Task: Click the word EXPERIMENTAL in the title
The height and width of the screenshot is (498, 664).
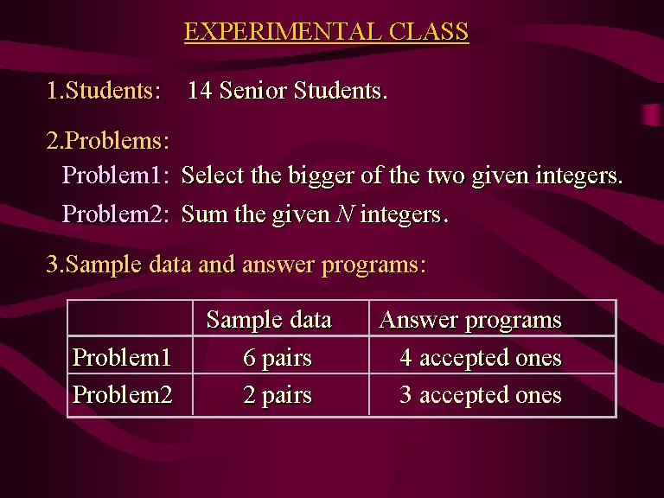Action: click(283, 31)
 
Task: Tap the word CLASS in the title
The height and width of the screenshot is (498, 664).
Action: click(429, 31)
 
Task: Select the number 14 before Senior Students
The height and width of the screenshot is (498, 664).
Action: click(200, 90)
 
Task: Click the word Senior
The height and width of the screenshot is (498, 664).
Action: click(252, 90)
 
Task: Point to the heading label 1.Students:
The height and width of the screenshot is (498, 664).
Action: click(104, 90)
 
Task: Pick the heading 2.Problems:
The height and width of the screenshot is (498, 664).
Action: click(107, 140)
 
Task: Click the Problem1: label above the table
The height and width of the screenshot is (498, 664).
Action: click(116, 175)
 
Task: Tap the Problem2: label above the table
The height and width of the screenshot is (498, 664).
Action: click(116, 214)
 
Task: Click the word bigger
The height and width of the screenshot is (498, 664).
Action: click(321, 176)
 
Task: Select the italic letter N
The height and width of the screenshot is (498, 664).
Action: click(345, 214)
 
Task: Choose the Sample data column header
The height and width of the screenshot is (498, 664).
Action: click(269, 319)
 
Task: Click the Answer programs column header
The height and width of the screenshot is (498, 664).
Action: click(470, 320)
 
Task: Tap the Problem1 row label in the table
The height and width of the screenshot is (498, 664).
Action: click(122, 357)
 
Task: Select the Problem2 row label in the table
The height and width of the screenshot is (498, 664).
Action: click(123, 394)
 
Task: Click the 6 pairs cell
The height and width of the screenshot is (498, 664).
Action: click(278, 358)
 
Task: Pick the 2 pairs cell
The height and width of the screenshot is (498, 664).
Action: click(278, 395)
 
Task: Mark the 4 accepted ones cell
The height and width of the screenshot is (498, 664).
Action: click(481, 358)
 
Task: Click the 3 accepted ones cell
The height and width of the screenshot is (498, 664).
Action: click(481, 395)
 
